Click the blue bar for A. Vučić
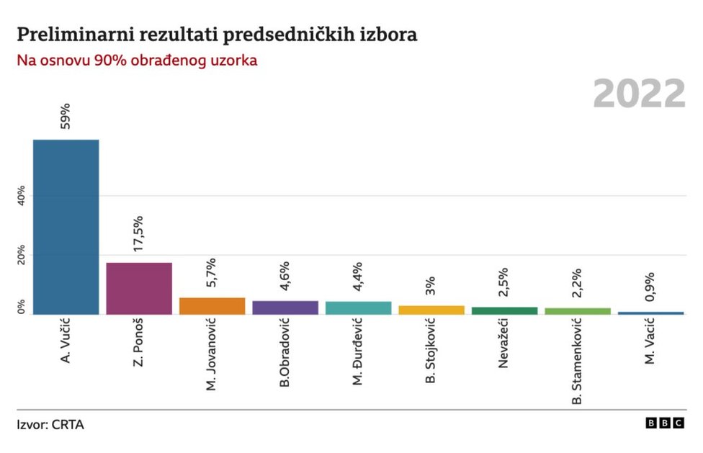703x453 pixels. click(x=66, y=227)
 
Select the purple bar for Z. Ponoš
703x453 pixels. click(x=139, y=288)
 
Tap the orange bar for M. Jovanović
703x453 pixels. click(x=212, y=306)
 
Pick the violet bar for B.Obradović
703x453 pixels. click(x=285, y=308)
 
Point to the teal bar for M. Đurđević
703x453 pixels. click(x=358, y=308)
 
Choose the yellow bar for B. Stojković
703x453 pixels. click(x=431, y=310)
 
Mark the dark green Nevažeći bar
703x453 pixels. click(x=504, y=310)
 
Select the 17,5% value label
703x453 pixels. click(x=139, y=233)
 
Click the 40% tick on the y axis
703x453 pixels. click(x=21, y=196)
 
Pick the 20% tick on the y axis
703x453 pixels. click(x=21, y=255)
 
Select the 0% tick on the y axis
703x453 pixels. click(x=21, y=307)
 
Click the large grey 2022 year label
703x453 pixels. click(x=639, y=94)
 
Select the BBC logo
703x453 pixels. click(x=664, y=424)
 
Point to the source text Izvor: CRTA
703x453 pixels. click(x=50, y=425)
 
